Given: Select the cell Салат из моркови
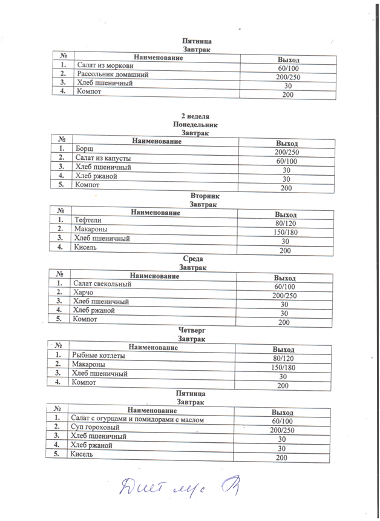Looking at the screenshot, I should click(103, 65).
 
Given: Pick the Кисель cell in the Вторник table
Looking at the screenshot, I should click(85, 247).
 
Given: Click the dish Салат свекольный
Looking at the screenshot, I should click(102, 284).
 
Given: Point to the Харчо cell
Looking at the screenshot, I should click(83, 292).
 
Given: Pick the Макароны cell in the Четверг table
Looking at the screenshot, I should click(88, 365).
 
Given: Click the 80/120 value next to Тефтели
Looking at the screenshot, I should click(284, 224).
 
